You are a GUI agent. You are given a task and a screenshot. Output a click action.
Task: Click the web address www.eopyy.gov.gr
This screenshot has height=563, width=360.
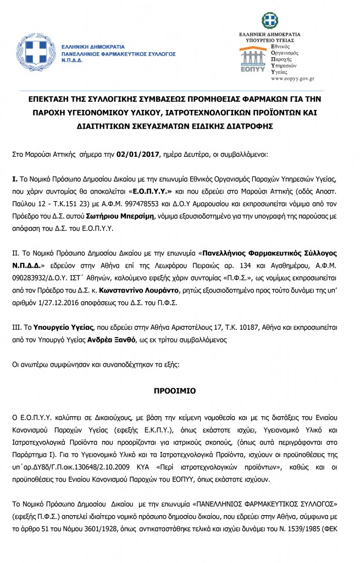(293, 79)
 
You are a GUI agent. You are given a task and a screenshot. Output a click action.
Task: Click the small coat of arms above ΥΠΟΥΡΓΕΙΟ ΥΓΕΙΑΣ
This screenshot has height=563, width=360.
(270, 21)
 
